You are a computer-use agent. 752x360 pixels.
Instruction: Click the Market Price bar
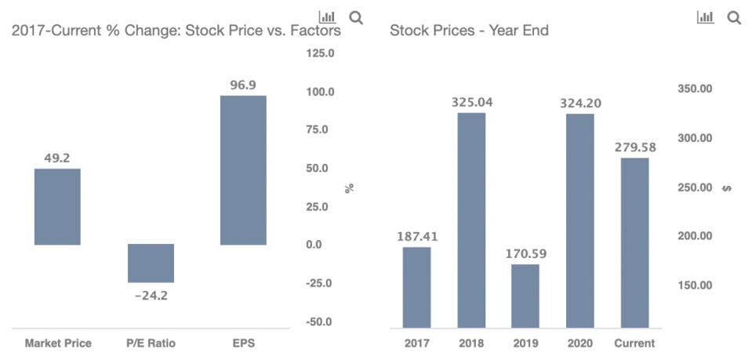[x=57, y=206]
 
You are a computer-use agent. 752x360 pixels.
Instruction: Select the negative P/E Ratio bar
[x=151, y=263]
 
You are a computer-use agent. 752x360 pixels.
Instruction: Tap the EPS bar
[x=243, y=170]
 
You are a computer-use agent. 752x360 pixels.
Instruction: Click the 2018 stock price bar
[x=471, y=220]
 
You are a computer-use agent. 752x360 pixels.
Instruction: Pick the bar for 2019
[x=525, y=296]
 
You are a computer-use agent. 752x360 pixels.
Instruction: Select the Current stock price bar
[x=634, y=242]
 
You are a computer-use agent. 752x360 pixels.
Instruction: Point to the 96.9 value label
[x=243, y=85]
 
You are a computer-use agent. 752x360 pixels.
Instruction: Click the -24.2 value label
[x=151, y=296]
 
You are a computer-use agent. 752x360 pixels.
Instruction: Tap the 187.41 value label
[x=416, y=236]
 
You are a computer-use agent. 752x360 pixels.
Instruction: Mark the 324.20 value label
[x=580, y=103]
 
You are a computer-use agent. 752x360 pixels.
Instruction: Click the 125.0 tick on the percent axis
[x=320, y=54]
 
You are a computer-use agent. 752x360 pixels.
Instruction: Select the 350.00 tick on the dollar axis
[x=694, y=89]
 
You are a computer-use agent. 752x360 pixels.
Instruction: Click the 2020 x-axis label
[x=580, y=343]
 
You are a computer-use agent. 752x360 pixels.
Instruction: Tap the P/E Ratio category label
[x=151, y=343]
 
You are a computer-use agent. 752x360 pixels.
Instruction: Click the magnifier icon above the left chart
[x=356, y=17]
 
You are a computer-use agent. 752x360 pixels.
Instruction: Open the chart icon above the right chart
[x=704, y=17]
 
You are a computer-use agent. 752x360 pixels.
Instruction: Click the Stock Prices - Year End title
[x=469, y=31]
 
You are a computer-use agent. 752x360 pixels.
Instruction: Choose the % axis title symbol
[x=350, y=188]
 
